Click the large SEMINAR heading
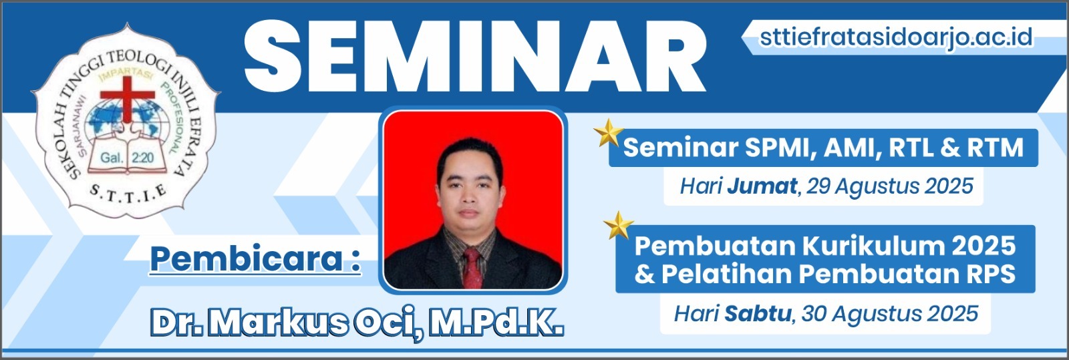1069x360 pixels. (475, 56)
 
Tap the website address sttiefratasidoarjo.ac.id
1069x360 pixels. (896, 37)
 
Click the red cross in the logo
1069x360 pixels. (128, 98)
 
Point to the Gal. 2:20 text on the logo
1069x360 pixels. (127, 158)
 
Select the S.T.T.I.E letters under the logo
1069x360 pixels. (128, 194)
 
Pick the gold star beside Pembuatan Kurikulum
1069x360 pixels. (619, 225)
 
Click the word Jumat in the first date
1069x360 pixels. (762, 186)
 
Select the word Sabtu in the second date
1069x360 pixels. (758, 314)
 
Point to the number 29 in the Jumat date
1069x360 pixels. (818, 186)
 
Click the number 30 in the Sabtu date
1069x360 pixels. (814, 314)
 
